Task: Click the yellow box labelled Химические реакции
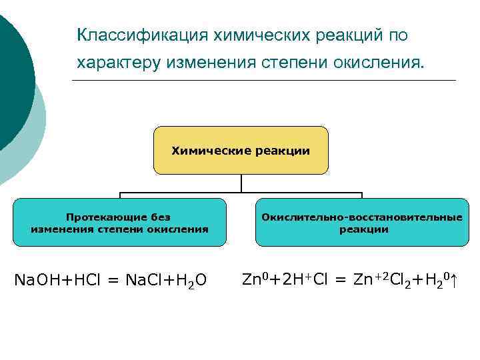(x=241, y=151)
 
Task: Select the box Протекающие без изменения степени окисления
(x=119, y=223)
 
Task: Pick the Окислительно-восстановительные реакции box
(x=362, y=223)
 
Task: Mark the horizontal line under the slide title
(x=263, y=81)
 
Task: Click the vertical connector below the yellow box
(x=241, y=184)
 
